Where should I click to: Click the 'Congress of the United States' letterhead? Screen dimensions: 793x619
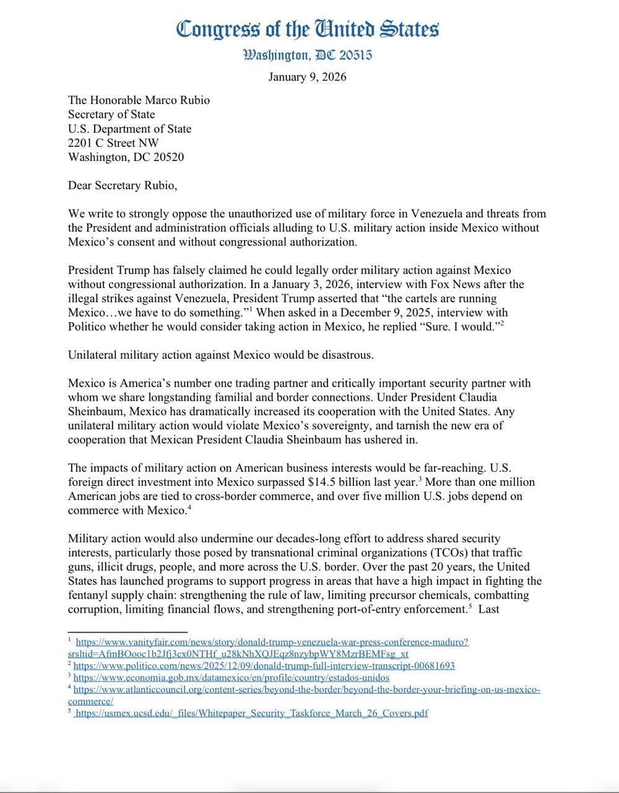308,29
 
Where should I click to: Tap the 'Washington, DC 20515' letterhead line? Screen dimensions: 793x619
308,55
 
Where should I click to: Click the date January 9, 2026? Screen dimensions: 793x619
307,77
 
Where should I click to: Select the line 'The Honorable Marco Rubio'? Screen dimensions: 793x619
139,100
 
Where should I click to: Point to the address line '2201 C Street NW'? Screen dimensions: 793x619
113,142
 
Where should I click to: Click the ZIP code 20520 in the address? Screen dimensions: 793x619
168,157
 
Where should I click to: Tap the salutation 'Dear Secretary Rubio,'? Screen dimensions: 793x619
123,185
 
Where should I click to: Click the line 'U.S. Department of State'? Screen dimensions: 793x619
129,128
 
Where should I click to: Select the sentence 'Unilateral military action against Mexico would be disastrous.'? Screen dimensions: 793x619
221,355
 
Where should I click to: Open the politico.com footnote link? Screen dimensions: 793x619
264,665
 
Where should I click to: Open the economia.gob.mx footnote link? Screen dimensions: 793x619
232,678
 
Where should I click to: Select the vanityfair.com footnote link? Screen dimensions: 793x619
272,642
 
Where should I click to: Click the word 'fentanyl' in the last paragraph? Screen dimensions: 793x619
90,595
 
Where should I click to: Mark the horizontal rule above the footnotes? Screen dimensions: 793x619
119,631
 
